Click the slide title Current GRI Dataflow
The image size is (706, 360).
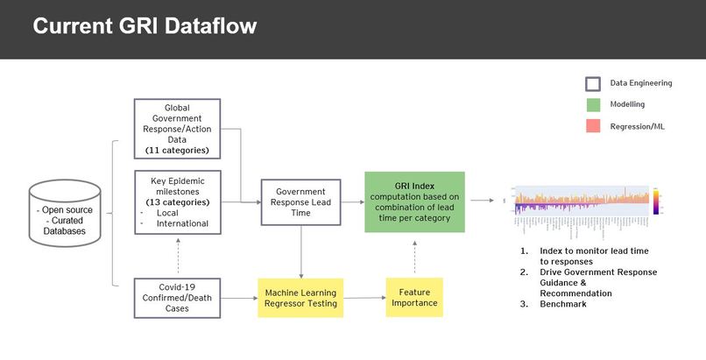[x=145, y=27]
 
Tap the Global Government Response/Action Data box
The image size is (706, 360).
[x=177, y=129]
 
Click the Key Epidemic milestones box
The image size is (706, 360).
[x=177, y=201]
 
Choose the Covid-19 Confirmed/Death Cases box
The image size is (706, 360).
[x=177, y=297]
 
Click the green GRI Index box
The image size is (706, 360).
[x=414, y=201]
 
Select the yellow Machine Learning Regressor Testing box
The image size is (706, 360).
[x=300, y=298]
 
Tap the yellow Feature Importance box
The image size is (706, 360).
[x=414, y=298]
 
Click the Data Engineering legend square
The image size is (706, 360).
[x=593, y=84]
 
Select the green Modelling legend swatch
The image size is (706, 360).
[x=593, y=104]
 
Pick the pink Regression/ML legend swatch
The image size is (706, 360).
[x=593, y=126]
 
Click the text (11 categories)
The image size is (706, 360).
[x=177, y=151]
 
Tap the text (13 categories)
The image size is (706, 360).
[x=177, y=202]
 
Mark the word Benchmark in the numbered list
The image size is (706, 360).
[x=563, y=304]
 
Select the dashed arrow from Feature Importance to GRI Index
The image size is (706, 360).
[x=414, y=255]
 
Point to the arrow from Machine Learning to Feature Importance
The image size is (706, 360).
[x=364, y=298]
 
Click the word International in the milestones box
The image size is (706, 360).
[x=182, y=223]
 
